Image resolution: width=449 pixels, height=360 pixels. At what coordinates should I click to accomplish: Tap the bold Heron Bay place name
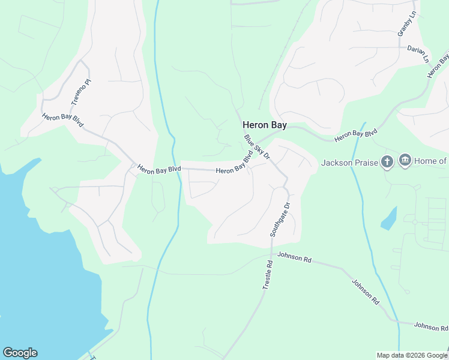pyautogui.click(x=264, y=125)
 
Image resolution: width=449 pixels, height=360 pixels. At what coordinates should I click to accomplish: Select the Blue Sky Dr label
pyautogui.click(x=258, y=147)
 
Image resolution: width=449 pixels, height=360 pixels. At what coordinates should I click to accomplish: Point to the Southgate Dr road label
pyautogui.click(x=280, y=219)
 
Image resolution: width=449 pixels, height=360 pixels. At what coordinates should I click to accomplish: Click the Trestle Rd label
pyautogui.click(x=268, y=275)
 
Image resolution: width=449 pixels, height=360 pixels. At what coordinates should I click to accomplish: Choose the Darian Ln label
pyautogui.click(x=419, y=54)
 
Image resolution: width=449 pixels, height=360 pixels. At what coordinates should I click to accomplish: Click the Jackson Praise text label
pyautogui.click(x=349, y=163)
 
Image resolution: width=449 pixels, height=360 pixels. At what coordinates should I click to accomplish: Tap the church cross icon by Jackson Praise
pyautogui.click(x=387, y=161)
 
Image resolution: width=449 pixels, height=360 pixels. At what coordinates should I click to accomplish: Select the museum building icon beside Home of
pyautogui.click(x=405, y=161)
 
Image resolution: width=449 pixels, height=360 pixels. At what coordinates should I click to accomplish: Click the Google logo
pyautogui.click(x=20, y=352)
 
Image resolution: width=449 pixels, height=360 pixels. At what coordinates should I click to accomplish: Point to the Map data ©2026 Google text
pyautogui.click(x=412, y=355)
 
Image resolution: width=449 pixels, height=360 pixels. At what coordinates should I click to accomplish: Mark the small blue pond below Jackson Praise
pyautogui.click(x=388, y=218)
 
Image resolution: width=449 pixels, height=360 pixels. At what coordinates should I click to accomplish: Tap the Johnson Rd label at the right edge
pyautogui.click(x=431, y=327)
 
